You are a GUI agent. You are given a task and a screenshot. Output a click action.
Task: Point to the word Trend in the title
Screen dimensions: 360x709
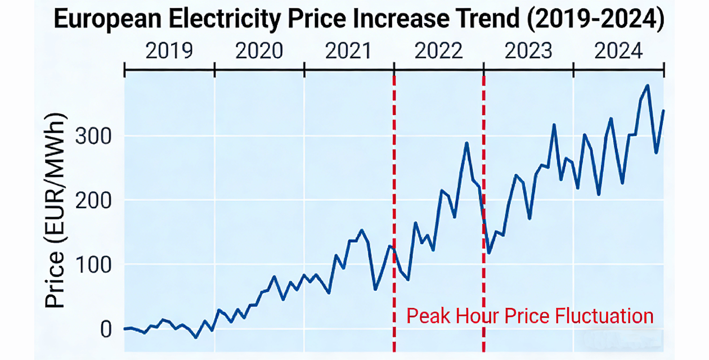tap(487, 21)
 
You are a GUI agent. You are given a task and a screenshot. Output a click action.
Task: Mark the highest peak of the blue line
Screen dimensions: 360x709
tap(648, 85)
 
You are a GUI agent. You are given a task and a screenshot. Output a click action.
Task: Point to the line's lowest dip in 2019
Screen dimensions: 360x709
tap(196, 337)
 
